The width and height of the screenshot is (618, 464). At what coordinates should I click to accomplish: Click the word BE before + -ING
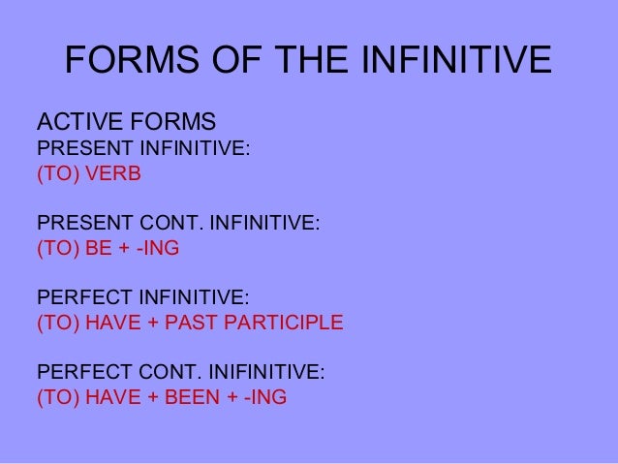(100, 248)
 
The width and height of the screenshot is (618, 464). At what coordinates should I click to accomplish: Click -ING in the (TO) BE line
(158, 248)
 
